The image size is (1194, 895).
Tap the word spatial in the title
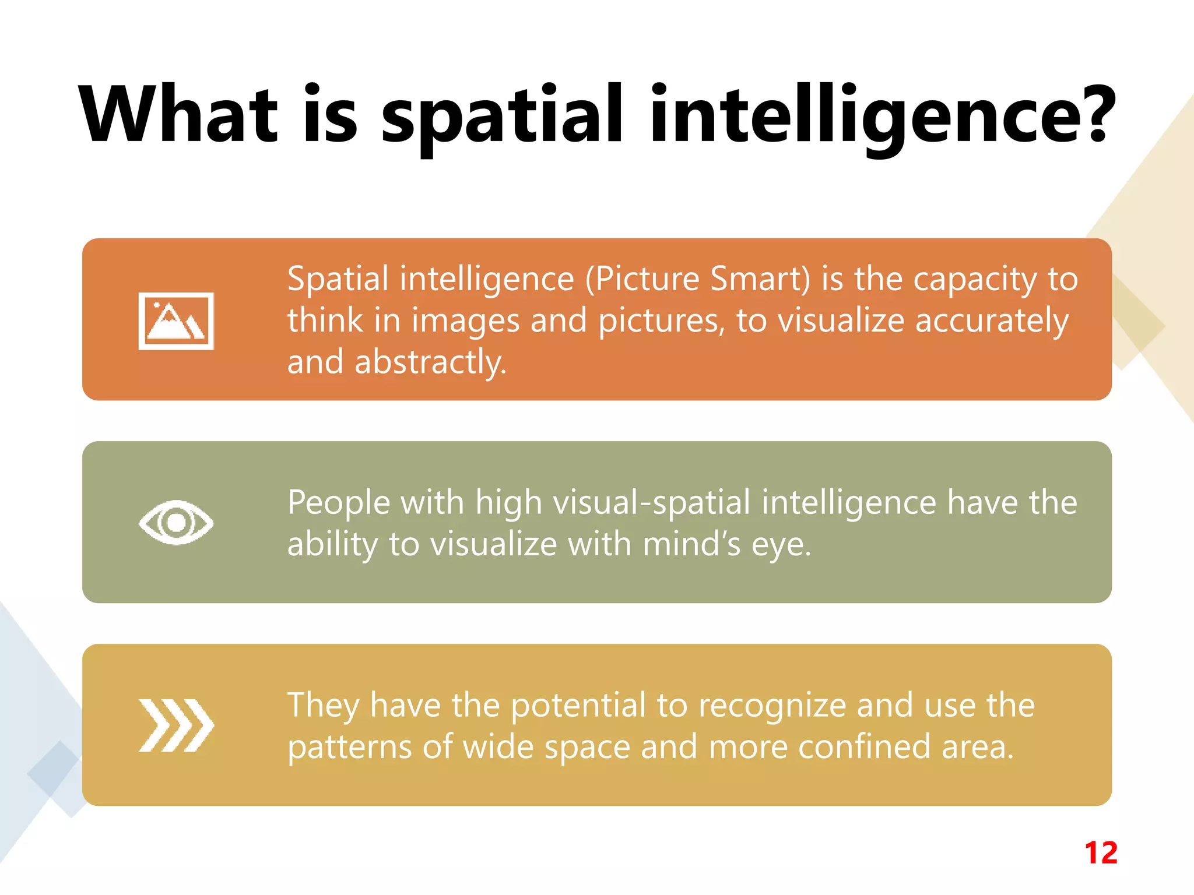click(x=503, y=117)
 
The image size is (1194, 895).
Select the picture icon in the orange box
click(x=176, y=321)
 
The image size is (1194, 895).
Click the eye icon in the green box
click(x=176, y=522)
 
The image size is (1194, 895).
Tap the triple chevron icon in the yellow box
click(x=176, y=725)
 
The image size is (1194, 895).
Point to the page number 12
click(x=1101, y=853)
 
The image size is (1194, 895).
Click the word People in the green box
click(x=339, y=502)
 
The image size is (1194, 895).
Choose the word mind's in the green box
click(x=691, y=544)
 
